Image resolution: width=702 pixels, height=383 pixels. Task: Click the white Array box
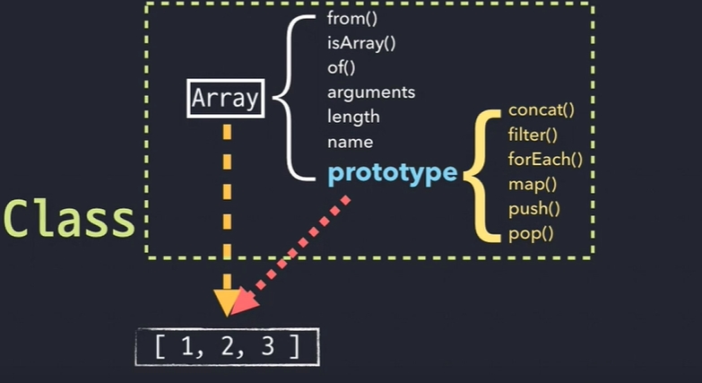point(226,98)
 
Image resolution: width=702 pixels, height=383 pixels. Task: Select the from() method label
point(351,17)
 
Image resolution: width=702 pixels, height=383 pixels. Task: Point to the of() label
point(342,66)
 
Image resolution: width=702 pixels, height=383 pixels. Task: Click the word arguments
point(371,91)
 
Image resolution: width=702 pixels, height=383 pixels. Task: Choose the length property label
point(353,117)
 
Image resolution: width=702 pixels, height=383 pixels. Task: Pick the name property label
point(351,142)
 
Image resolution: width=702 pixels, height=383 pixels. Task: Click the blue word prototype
point(393,172)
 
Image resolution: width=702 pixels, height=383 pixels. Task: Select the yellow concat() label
point(540,111)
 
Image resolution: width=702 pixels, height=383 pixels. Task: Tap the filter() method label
point(533,135)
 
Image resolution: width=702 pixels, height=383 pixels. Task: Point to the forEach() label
point(545,161)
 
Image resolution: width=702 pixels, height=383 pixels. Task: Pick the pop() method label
point(531,235)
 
